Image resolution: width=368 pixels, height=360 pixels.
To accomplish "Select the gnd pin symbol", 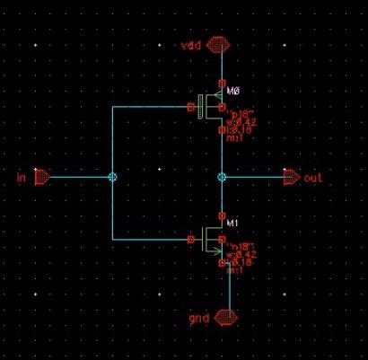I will coord(228,318).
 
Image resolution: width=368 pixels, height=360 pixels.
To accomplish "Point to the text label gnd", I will coord(199,318).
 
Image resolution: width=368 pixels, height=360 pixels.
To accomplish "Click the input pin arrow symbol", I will coord(42,178).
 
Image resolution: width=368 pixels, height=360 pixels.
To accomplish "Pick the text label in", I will coord(22,178).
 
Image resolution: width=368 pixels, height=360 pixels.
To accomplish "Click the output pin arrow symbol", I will coord(292,178).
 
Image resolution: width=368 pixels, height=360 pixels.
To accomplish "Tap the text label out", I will coord(312,178).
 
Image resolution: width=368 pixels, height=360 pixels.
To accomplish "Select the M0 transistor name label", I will coord(235,91).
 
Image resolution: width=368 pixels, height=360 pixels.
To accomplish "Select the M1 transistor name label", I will coord(235,222).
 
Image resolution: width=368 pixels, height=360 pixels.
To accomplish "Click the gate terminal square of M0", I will coord(190,108).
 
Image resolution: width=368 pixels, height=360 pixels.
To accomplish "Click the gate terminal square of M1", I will coord(190,240).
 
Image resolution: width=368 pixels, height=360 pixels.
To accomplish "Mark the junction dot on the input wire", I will coord(111,178).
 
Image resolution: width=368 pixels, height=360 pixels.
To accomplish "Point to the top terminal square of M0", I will coord(222,86).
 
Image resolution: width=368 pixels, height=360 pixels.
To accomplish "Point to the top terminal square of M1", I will coord(222,217).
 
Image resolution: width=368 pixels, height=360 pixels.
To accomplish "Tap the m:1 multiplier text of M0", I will coord(236,139).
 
